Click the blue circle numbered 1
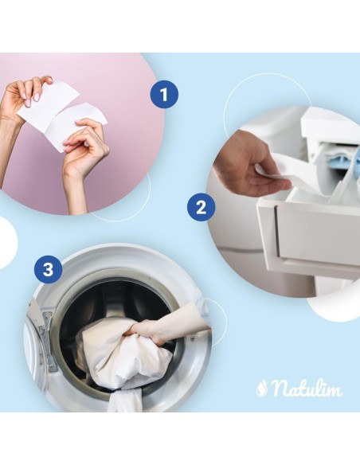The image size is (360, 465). pos(164,94)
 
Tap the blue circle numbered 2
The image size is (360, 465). pos(201,207)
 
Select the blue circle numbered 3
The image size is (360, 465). pos(49,270)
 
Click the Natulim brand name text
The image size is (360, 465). pos(307,388)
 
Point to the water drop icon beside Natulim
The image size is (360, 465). pos(261,389)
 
